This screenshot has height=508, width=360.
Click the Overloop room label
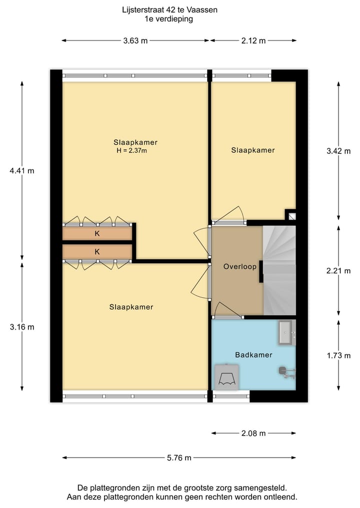[x=240, y=267]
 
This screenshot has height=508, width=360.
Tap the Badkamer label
[x=253, y=355]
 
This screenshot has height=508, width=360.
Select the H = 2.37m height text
[x=132, y=150]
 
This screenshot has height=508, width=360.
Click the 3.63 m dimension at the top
[x=135, y=41]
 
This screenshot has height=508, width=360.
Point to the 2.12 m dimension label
[x=253, y=41]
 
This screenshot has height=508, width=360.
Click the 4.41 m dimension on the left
[x=22, y=170]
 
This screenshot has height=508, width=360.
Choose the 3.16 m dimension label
[x=22, y=327]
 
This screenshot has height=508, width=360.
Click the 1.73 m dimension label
[x=338, y=356]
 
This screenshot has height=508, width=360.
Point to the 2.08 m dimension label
[x=253, y=434]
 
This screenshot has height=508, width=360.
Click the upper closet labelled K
[x=97, y=233]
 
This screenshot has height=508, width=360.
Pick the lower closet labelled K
[x=97, y=252]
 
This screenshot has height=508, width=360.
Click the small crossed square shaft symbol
[x=291, y=217]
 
